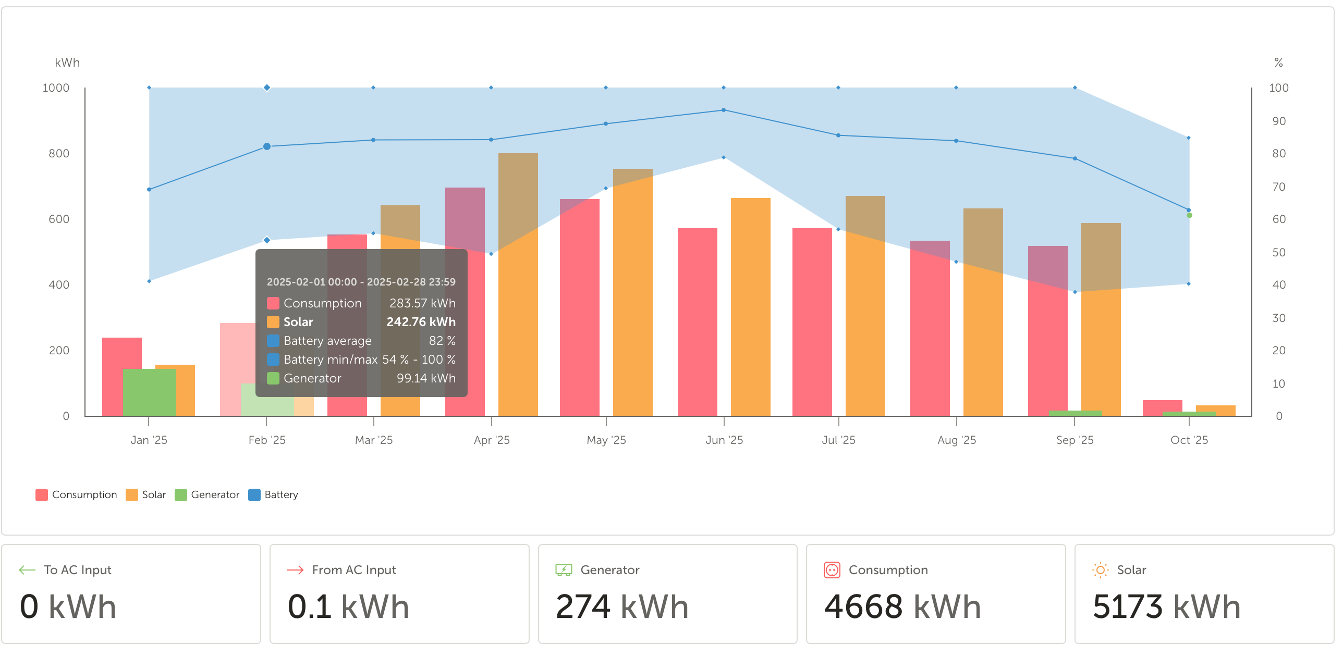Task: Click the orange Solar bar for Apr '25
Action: click(518, 313)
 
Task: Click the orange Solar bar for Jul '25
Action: click(865, 313)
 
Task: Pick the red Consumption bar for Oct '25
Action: click(1162, 407)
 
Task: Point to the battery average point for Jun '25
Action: click(724, 110)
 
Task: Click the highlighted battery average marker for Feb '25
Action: click(267, 146)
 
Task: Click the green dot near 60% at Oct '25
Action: click(1189, 215)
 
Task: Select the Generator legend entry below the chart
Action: click(207, 494)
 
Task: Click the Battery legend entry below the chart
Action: click(273, 494)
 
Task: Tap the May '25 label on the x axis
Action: click(606, 440)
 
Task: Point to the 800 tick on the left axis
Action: click(58, 154)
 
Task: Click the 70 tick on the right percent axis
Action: click(1278, 187)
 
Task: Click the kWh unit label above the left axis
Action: click(67, 63)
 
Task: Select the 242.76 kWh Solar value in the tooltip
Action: click(421, 322)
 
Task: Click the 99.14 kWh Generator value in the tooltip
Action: click(425, 378)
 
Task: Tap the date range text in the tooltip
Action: click(361, 282)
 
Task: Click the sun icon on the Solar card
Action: click(1100, 570)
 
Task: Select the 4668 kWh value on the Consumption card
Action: click(902, 607)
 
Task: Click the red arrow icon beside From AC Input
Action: click(295, 570)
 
